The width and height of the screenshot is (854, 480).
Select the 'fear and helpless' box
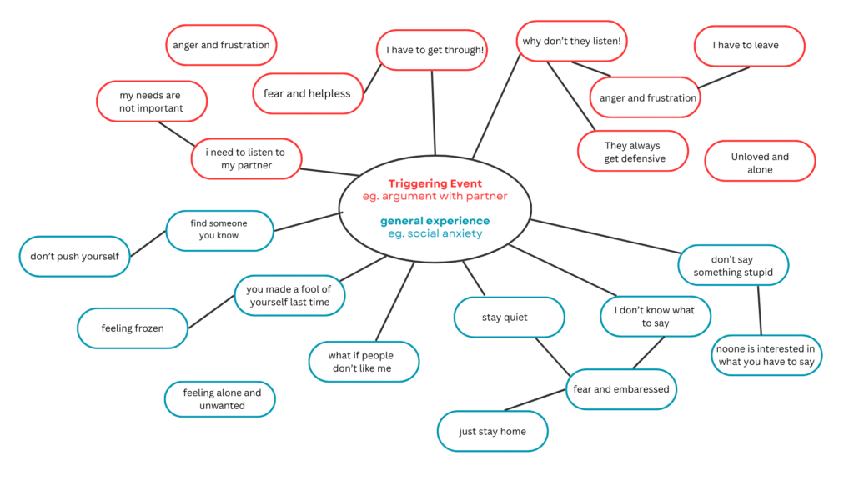point(307,93)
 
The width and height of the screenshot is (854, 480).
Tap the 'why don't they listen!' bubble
point(571,41)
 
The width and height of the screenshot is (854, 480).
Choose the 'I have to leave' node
point(748,46)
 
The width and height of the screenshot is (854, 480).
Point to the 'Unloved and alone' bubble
point(760,162)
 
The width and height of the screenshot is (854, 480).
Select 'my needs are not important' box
point(151,102)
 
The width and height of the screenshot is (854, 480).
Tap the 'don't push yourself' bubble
point(75,256)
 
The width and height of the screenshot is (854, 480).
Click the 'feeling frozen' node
point(132,328)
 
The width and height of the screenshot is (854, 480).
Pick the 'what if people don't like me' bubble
point(362,362)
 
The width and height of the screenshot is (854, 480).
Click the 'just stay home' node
point(492,432)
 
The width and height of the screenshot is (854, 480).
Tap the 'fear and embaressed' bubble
point(620,389)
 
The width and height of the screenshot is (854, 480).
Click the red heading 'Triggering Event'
point(435,183)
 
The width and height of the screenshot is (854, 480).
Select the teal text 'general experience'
point(435,221)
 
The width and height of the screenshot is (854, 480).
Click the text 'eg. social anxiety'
point(435,233)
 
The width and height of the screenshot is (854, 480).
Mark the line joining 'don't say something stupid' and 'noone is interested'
point(759,310)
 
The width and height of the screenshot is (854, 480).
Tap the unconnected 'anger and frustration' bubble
point(221,45)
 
